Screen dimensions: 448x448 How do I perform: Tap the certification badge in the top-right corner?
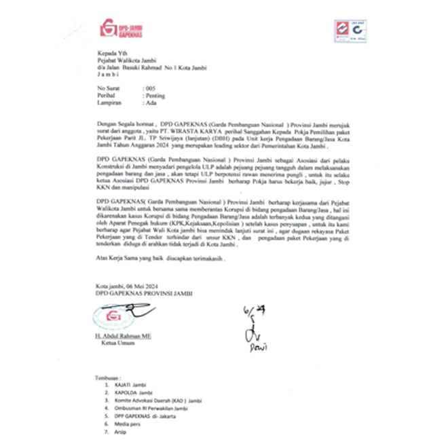click(351, 33)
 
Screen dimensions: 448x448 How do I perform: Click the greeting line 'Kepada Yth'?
click(111, 53)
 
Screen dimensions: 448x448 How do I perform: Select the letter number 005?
click(150, 89)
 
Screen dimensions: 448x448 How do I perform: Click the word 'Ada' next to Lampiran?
click(151, 104)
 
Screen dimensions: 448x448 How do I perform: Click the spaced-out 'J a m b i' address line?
click(111, 75)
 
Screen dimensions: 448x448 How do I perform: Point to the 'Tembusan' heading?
click(111, 377)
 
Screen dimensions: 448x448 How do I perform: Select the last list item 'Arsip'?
click(122, 432)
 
